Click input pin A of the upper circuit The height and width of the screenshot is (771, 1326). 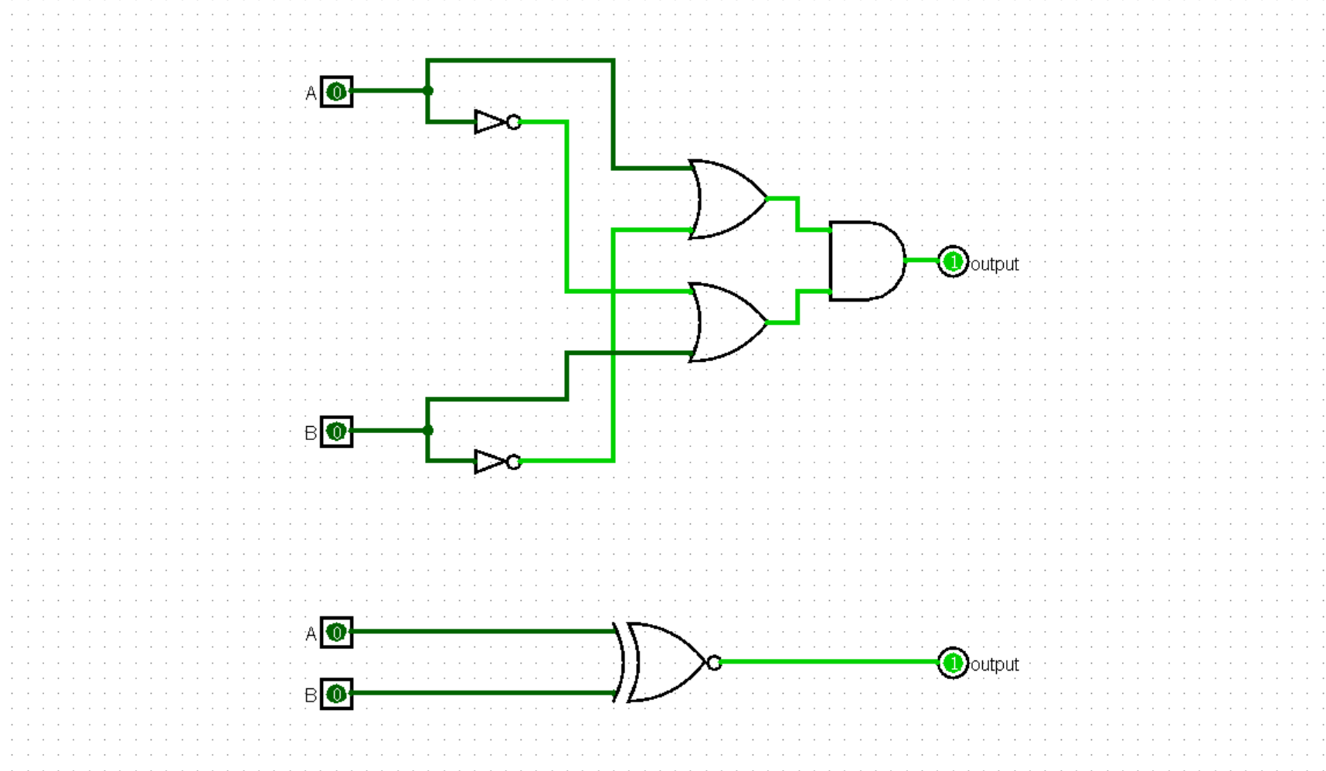336,92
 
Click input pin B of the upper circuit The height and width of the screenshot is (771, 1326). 336,432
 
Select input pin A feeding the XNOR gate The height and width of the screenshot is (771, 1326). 336,633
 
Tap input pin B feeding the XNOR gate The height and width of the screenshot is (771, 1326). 336,694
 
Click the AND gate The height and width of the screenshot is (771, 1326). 865,261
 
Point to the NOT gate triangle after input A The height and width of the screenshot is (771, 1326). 489,122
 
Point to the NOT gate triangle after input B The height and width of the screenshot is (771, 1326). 489,462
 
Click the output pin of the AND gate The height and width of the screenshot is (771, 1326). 953,262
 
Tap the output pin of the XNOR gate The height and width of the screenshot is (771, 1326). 953,663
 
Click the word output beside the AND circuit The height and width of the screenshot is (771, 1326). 994,264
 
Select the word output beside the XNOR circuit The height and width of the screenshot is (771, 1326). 994,665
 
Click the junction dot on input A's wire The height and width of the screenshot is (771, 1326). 428,90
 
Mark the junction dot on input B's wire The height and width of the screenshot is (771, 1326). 428,430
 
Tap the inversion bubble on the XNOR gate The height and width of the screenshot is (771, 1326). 714,663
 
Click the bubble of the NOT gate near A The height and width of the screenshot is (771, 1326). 514,122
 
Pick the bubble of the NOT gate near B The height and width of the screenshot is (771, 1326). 514,462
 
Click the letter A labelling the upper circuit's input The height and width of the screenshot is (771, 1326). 311,94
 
